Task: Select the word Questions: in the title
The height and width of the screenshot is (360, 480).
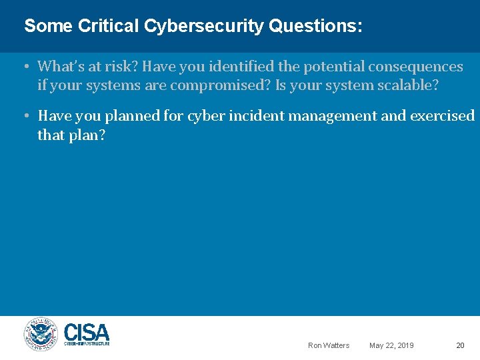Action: coord(316,27)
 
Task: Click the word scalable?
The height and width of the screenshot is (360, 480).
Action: coord(407,86)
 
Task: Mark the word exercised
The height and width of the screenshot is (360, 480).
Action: coord(443,116)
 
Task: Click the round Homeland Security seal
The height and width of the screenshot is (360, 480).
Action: coord(41,333)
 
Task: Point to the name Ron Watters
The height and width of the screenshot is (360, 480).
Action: coord(329,345)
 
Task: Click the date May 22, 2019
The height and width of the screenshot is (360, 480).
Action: coord(391,345)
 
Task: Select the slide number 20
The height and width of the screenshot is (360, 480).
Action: coord(460,345)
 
